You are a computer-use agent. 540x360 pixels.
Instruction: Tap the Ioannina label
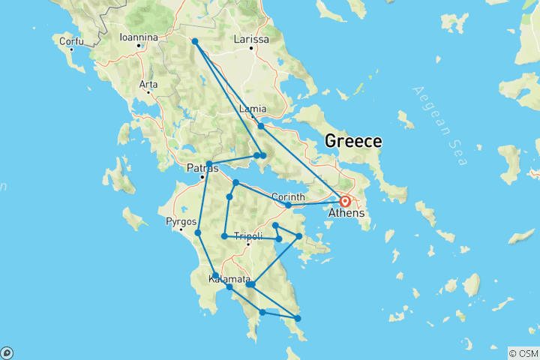click(139, 37)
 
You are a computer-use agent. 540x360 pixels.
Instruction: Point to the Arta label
click(148, 84)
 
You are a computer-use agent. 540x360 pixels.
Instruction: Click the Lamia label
click(252, 109)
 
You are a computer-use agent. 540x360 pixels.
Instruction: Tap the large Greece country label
click(352, 141)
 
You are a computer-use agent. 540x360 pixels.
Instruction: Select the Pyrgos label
click(182, 222)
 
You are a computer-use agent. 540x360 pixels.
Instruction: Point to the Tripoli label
click(248, 237)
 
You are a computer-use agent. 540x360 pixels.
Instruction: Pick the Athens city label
click(346, 213)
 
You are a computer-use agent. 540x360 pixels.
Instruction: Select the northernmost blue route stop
click(194, 41)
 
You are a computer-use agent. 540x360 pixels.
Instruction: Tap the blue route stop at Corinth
click(288, 205)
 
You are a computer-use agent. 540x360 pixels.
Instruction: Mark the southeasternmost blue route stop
click(298, 319)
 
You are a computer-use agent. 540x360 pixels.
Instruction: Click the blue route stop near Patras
click(209, 164)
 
